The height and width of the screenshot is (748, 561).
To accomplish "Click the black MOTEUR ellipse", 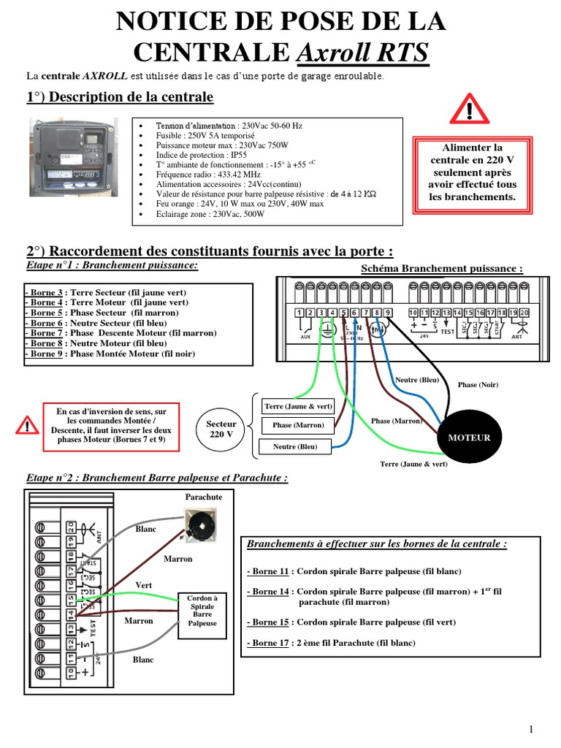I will point(469,437).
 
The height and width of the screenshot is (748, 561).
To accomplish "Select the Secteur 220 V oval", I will point(221,429).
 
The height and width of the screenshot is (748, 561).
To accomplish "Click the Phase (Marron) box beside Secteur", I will point(297,425).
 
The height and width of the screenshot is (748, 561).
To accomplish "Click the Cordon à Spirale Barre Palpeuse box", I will point(202,610).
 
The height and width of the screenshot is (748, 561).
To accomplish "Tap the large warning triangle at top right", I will point(470,111).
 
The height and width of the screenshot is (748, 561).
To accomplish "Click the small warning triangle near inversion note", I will point(27,425).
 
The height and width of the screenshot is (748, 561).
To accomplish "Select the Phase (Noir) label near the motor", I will point(478,385).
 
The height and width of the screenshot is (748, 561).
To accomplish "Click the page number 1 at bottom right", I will point(532,729).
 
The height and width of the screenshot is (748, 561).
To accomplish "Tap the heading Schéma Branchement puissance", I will point(442,269).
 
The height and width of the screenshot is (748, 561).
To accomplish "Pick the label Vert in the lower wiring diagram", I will point(143,585).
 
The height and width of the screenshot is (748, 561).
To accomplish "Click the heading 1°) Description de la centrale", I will point(120,97).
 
